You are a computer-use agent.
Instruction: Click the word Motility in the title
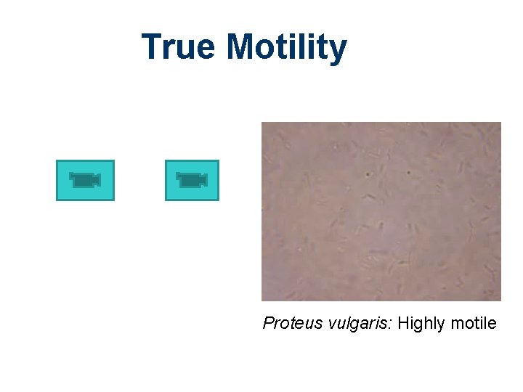click(x=286, y=47)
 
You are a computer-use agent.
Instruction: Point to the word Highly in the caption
click(x=421, y=324)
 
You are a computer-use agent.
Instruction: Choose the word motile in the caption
click(x=472, y=323)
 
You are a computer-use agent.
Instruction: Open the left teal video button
click(x=85, y=180)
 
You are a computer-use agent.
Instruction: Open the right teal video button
click(x=192, y=180)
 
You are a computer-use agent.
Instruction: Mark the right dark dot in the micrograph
click(x=408, y=173)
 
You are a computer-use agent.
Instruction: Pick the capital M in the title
click(x=240, y=47)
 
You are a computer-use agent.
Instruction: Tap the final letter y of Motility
click(x=338, y=51)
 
